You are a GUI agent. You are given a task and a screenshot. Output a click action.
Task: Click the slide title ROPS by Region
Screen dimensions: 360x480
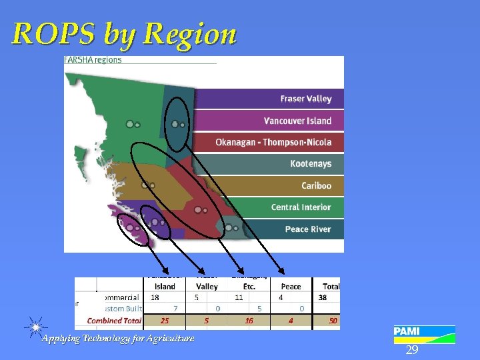pyautogui.click(x=124, y=33)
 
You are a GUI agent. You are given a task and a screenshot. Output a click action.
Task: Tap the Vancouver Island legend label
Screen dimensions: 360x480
pyautogui.click(x=297, y=121)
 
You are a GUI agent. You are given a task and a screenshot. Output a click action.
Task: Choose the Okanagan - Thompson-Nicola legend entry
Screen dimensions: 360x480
pyautogui.click(x=273, y=142)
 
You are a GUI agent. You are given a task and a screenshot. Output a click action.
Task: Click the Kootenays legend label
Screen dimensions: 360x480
pyautogui.click(x=311, y=164)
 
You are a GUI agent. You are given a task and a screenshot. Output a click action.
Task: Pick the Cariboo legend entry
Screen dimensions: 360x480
pyautogui.click(x=316, y=185)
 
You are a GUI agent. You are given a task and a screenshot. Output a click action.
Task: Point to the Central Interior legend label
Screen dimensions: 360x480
pyautogui.click(x=301, y=207)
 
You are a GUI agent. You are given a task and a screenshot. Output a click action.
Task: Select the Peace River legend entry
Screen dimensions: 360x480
pyautogui.click(x=307, y=229)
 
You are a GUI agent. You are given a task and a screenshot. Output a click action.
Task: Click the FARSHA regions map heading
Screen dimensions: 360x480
pyautogui.click(x=93, y=60)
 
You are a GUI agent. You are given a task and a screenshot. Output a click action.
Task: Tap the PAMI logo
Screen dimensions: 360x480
pyautogui.click(x=424, y=334)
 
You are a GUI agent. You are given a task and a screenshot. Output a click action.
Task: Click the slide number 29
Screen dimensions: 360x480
pyautogui.click(x=412, y=350)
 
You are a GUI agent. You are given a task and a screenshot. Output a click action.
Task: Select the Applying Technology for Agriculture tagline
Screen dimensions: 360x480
pyautogui.click(x=118, y=339)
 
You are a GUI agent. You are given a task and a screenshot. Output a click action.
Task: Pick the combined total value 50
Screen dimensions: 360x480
pyautogui.click(x=332, y=321)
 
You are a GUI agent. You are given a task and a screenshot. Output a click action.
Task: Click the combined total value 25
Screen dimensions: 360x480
pyautogui.click(x=165, y=321)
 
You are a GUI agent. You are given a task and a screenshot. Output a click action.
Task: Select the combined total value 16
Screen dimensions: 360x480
pyautogui.click(x=249, y=321)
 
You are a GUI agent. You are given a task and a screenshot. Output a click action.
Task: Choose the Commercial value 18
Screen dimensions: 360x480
pyautogui.click(x=155, y=297)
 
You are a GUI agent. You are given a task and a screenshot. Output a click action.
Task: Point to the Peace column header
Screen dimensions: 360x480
pyautogui.click(x=291, y=287)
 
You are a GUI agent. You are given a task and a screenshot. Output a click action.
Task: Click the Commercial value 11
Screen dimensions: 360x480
pyautogui.click(x=239, y=297)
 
